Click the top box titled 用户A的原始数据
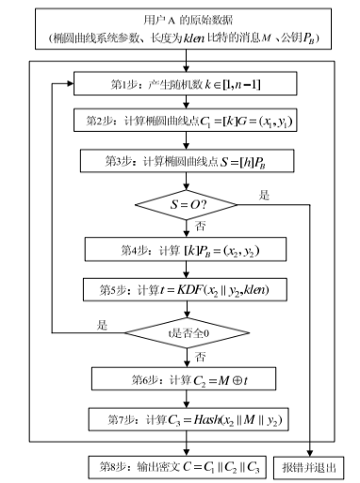(187, 29)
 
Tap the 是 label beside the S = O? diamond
(263, 195)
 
